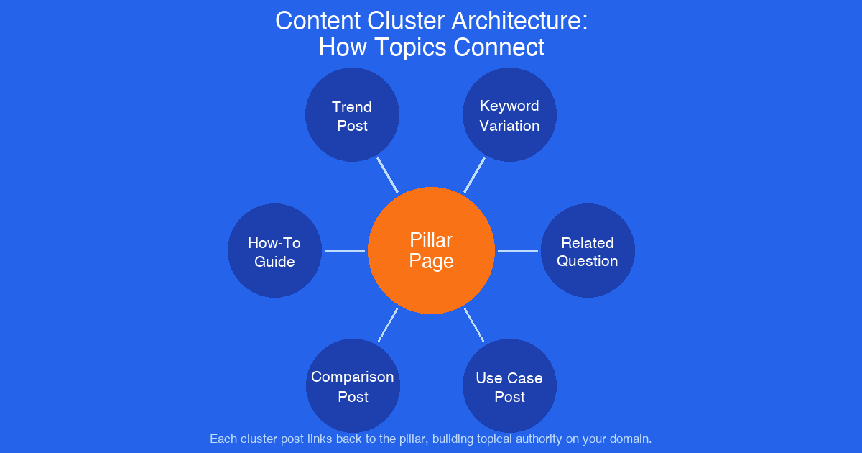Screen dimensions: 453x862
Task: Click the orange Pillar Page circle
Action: (431, 250)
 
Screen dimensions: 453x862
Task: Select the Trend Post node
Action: (352, 115)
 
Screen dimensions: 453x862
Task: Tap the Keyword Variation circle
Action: (509, 115)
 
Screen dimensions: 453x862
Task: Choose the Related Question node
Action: (588, 251)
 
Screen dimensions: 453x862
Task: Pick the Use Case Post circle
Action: (509, 386)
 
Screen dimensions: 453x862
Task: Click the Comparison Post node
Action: (353, 386)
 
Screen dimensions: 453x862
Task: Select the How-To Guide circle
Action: (274, 251)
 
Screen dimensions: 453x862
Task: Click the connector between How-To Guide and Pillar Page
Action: (345, 250)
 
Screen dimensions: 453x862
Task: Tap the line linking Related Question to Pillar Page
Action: (517, 250)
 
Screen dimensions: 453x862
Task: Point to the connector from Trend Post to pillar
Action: (388, 175)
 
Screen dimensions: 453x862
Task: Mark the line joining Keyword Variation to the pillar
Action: (474, 175)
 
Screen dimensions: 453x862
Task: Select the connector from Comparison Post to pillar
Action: (388, 325)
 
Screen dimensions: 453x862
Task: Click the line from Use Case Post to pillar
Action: (474, 325)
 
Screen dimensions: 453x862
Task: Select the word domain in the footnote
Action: (630, 438)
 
